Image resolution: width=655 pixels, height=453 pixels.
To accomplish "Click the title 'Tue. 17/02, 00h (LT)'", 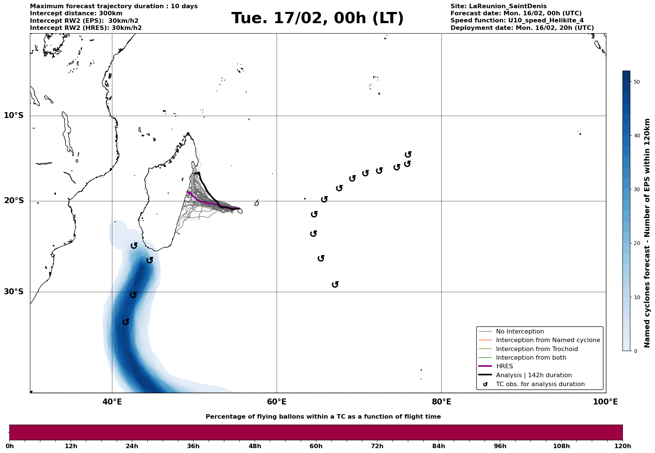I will pyautogui.click(x=317, y=18).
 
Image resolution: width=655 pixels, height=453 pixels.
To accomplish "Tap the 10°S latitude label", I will pyautogui.click(x=14, y=115).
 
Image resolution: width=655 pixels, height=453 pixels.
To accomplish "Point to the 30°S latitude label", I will pyautogui.click(x=14, y=292).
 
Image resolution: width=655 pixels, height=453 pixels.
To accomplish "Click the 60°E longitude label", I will pyautogui.click(x=277, y=402).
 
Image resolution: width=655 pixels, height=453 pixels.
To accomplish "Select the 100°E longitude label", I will pyautogui.click(x=605, y=402).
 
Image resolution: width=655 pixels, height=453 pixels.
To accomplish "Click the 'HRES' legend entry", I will pyautogui.click(x=504, y=366).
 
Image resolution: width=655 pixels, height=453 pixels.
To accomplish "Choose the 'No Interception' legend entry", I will pyautogui.click(x=520, y=332).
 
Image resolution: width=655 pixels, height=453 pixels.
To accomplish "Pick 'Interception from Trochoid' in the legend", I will pyautogui.click(x=536, y=349).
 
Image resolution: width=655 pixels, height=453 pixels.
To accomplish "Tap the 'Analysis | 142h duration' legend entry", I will pyautogui.click(x=533, y=375).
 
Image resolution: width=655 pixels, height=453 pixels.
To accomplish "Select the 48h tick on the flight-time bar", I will pyautogui.click(x=255, y=446).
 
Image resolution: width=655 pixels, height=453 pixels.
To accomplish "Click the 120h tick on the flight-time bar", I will pyautogui.click(x=622, y=446).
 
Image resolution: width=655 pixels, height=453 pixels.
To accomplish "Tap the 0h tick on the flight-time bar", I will pyautogui.click(x=9, y=446).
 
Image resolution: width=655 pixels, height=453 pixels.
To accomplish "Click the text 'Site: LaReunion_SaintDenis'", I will pyautogui.click(x=498, y=6).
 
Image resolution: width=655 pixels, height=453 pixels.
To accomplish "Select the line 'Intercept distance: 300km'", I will pyautogui.click(x=76, y=13).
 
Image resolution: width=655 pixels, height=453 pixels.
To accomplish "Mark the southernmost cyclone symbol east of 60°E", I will pyautogui.click(x=335, y=285).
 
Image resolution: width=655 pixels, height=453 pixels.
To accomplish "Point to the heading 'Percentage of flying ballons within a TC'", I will pyautogui.click(x=323, y=417).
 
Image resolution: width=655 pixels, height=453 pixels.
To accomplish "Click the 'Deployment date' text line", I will pyautogui.click(x=522, y=28).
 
